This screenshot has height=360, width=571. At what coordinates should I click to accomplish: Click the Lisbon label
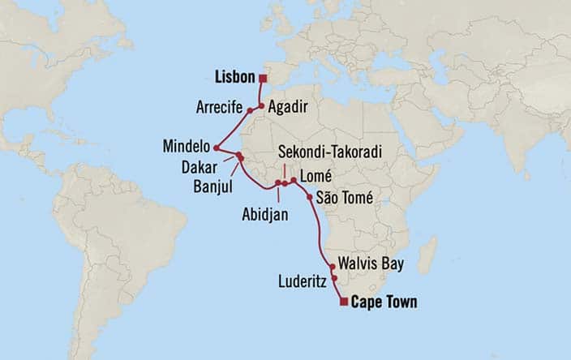pos(235,78)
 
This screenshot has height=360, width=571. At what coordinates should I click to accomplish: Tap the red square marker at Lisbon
pos(263,78)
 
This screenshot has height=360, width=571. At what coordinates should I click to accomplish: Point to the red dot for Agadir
pos(261,105)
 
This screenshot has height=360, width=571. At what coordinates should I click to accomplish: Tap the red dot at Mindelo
pos(217,148)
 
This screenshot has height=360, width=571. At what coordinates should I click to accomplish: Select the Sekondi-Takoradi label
pos(329,152)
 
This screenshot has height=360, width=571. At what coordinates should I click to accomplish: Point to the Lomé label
pos(314,175)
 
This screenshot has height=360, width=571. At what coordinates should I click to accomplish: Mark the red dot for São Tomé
pos(310,197)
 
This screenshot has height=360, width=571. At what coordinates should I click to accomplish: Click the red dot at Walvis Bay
pos(333,266)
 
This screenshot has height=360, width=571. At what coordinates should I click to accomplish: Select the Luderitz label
pos(302,282)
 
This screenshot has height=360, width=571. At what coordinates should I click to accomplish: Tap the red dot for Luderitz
pos(334,278)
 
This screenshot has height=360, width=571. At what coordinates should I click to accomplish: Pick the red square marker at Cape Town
pos(344,302)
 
